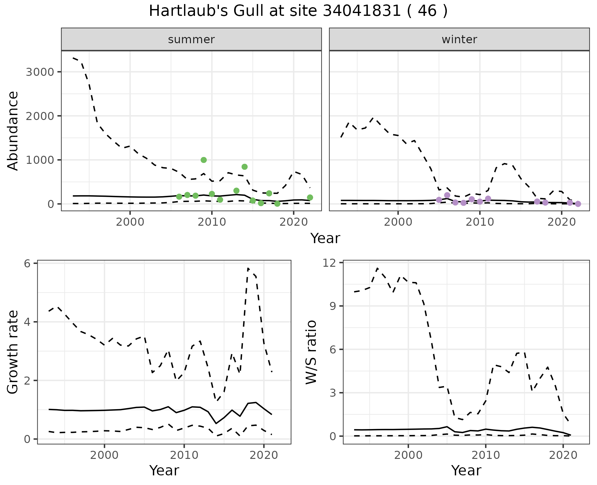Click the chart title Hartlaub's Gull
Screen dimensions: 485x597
click(298, 11)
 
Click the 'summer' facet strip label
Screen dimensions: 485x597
click(191, 39)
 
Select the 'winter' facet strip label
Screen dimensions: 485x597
click(459, 39)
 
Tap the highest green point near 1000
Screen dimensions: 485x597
click(204, 160)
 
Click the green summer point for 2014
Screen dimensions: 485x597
click(244, 167)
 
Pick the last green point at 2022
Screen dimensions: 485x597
click(310, 197)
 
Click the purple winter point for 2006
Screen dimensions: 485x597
click(447, 195)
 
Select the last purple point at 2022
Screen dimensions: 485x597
click(578, 204)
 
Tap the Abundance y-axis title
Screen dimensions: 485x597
click(13, 131)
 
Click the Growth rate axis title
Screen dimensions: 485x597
click(13, 352)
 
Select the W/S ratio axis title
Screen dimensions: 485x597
click(311, 352)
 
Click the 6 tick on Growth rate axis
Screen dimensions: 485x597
click(27, 264)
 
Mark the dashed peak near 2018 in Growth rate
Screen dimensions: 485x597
click(248, 268)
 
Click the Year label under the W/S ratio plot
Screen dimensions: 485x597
click(466, 471)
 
